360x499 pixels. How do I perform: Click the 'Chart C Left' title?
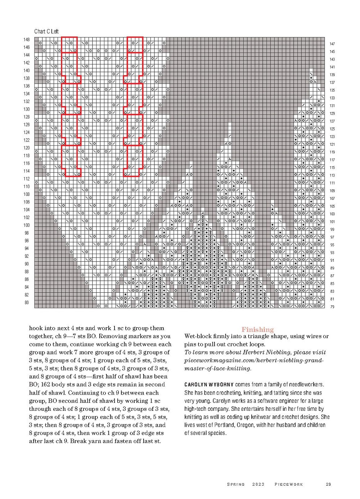tap(46, 31)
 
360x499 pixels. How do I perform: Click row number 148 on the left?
tap(27, 40)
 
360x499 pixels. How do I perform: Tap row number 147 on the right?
tap(332, 44)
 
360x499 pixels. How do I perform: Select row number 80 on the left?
tap(27, 303)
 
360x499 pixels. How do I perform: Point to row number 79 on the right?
tap(332, 307)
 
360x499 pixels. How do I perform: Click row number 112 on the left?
tap(27, 179)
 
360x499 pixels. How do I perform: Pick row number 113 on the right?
tap(332, 175)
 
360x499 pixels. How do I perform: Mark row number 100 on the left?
tap(27, 225)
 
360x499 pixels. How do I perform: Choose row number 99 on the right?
tap(332, 229)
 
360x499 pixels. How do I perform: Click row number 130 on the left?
tap(27, 109)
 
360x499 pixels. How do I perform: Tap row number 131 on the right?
tap(332, 106)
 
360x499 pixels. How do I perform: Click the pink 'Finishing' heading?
tap(257, 329)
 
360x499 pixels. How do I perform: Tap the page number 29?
tap(328, 484)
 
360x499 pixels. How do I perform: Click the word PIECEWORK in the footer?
tap(289, 484)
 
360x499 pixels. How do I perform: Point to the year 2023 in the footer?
tap(258, 484)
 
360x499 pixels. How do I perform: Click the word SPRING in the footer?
tap(236, 484)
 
